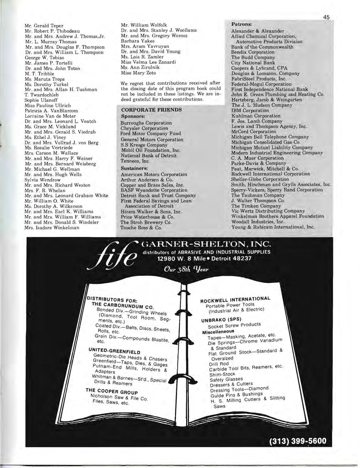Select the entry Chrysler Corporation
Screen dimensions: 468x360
(144, 128)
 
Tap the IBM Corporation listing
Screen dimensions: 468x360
(250, 110)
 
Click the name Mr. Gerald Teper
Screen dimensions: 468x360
(44, 26)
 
